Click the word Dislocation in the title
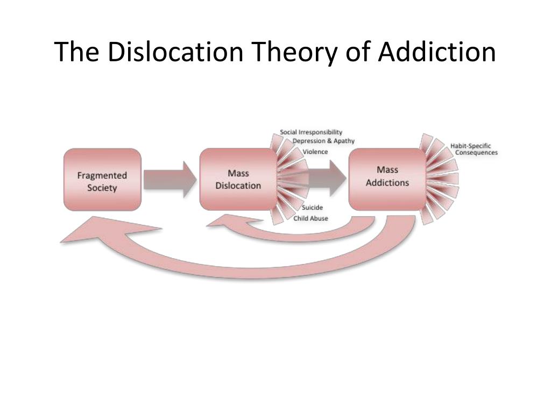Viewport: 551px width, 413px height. [175, 52]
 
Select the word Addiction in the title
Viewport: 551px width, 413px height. [437, 52]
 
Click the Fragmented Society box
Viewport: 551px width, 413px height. [102, 180]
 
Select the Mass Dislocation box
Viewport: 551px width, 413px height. [238, 180]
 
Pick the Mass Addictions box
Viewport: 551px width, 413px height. [387, 180]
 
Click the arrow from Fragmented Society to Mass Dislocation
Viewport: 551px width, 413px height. [170, 180]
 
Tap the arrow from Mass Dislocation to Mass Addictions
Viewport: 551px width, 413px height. [327, 179]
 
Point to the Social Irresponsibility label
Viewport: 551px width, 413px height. [311, 132]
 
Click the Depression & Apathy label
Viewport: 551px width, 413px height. [323, 141]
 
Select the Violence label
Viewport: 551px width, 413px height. [315, 152]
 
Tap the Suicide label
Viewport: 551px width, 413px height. [312, 208]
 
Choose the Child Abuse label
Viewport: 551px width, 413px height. [310, 218]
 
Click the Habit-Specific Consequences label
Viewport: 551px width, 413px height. [474, 149]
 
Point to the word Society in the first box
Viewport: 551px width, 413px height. [102, 188]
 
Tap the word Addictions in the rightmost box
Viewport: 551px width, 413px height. [387, 183]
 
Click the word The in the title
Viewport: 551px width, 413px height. [76, 52]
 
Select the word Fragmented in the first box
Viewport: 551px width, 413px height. [102, 176]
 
